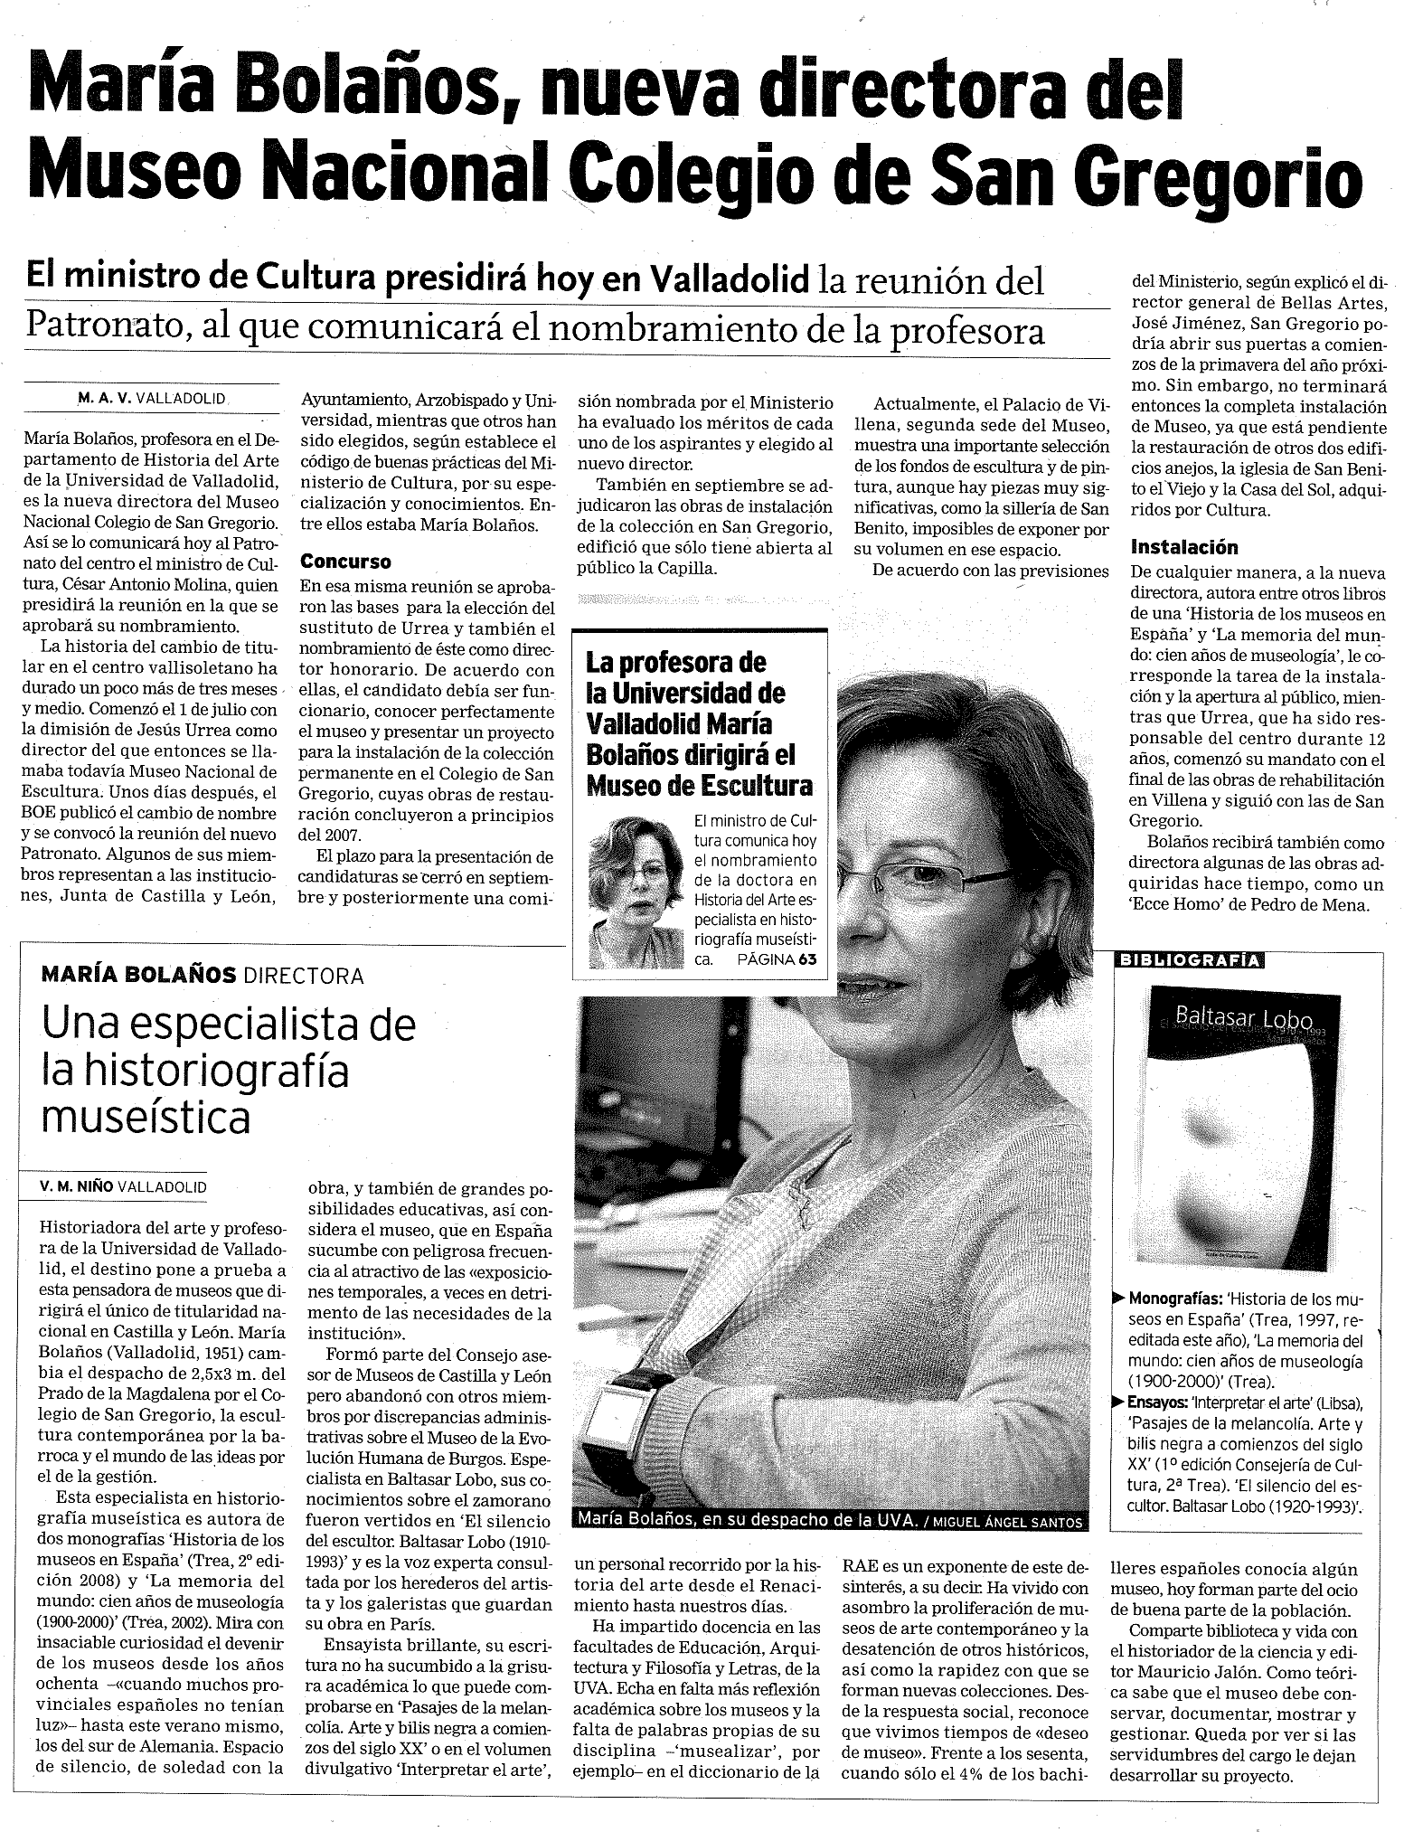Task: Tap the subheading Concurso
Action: (345, 562)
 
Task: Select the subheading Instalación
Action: (1184, 547)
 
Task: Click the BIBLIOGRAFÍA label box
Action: (1189, 960)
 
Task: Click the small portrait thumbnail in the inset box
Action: (636, 891)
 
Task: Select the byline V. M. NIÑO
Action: (76, 1186)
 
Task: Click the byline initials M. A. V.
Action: (104, 398)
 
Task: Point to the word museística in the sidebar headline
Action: (146, 1119)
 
